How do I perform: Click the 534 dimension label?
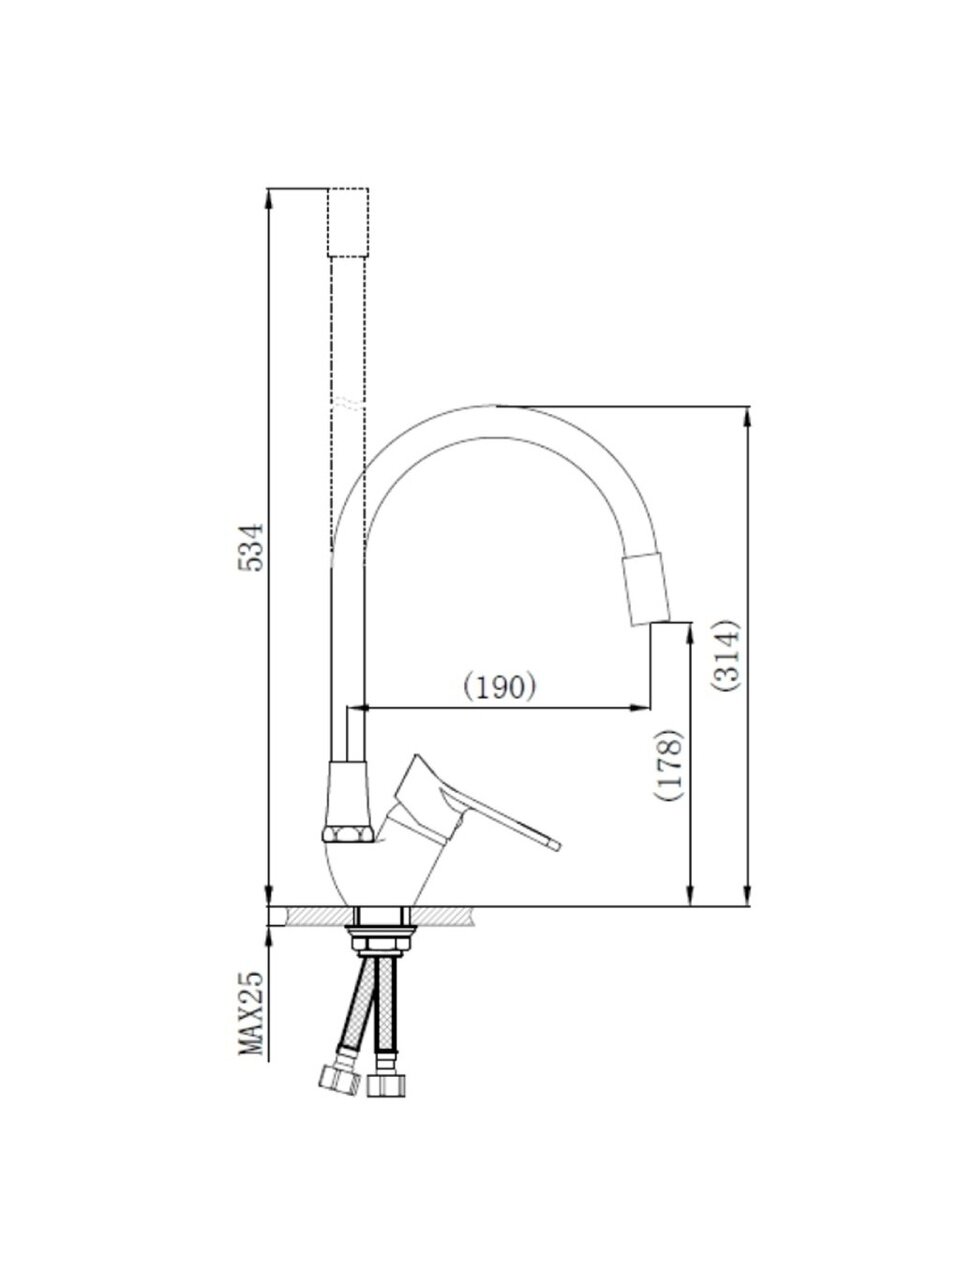[252, 546]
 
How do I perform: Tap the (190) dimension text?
[500, 688]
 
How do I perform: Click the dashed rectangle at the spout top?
[348, 222]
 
